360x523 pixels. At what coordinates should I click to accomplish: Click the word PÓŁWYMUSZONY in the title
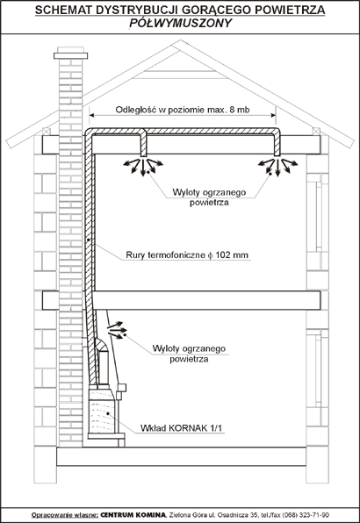tap(180, 23)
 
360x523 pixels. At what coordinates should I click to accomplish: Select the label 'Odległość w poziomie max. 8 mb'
tap(183, 110)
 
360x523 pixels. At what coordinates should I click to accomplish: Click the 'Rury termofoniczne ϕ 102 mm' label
tap(187, 255)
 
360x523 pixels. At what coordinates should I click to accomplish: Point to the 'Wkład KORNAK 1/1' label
tap(181, 428)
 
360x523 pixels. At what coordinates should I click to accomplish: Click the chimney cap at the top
tap(71, 55)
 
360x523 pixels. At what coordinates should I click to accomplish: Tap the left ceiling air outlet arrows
tap(143, 166)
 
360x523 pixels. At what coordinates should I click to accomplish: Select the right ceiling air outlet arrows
tap(277, 167)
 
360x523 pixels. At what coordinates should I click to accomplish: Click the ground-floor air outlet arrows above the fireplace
tap(115, 330)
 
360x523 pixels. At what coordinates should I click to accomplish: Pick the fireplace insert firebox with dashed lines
tap(102, 411)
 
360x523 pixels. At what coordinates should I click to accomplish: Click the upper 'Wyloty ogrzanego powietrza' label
tap(209, 197)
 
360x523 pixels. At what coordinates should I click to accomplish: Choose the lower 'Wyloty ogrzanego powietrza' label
tap(189, 354)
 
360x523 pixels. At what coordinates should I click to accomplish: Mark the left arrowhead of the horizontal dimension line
tap(91, 115)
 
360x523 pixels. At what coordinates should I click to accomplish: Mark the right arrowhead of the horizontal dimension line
tap(273, 115)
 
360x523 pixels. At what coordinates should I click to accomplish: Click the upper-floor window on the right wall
tap(317, 217)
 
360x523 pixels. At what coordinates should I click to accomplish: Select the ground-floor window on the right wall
tap(317, 369)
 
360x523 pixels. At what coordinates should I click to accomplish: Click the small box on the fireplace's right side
tap(122, 388)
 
